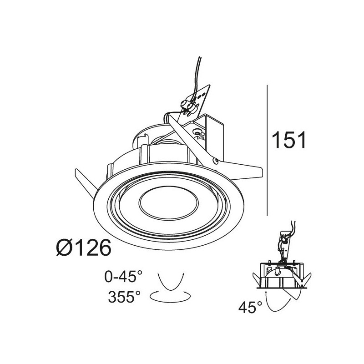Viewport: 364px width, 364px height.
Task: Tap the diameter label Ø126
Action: (x=83, y=248)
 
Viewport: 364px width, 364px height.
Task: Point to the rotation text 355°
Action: (x=124, y=297)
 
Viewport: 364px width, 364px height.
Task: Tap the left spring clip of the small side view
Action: (x=258, y=278)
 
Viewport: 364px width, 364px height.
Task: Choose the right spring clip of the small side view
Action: (x=305, y=278)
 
